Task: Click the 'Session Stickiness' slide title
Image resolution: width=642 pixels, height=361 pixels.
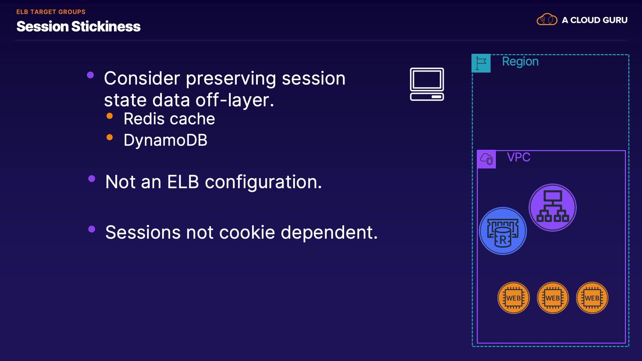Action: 78,26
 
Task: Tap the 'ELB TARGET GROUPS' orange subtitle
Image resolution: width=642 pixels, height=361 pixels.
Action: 51,12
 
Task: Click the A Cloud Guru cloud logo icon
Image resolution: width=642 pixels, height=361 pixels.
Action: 547,20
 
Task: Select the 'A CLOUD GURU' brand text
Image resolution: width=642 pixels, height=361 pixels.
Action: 595,20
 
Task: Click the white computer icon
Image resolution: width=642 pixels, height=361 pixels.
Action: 427,84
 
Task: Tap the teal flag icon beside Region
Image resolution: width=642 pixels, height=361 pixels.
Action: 481,63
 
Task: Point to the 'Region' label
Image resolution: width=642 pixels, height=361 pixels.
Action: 520,62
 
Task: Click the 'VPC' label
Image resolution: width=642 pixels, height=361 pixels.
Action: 519,157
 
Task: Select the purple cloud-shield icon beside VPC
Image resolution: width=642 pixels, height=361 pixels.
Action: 487,159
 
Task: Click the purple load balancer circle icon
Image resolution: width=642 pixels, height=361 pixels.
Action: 553,208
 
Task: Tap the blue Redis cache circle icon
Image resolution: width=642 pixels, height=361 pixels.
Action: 503,231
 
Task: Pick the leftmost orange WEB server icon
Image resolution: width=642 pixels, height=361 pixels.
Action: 514,298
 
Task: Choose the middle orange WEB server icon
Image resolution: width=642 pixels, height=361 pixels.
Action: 553,298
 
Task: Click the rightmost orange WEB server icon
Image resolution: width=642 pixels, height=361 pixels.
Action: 592,298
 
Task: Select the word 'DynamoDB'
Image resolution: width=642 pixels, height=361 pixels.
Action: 166,140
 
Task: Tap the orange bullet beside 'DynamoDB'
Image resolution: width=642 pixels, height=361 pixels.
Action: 109,137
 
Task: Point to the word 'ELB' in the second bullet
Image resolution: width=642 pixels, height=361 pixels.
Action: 183,182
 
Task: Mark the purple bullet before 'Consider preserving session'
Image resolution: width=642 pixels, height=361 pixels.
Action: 90,75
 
